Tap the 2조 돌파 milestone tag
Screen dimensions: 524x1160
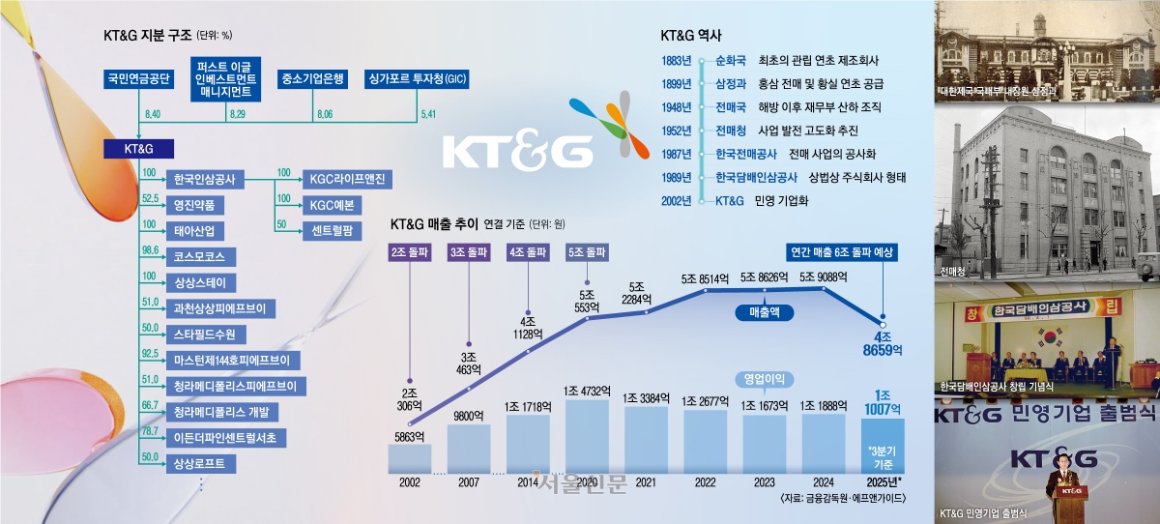410,251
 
